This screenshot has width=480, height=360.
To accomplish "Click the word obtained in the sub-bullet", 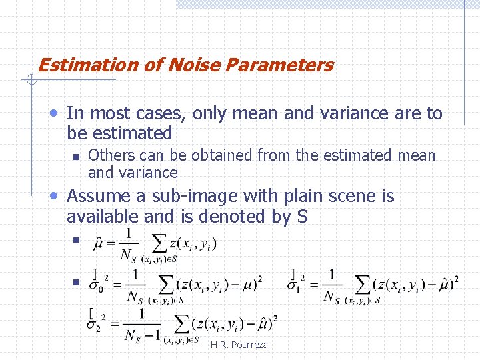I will click(x=222, y=156).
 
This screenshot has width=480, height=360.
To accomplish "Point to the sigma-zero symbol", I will click(x=97, y=285).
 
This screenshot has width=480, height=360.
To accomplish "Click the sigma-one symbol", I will click(x=294, y=285).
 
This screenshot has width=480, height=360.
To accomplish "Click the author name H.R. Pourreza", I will click(x=239, y=345).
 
